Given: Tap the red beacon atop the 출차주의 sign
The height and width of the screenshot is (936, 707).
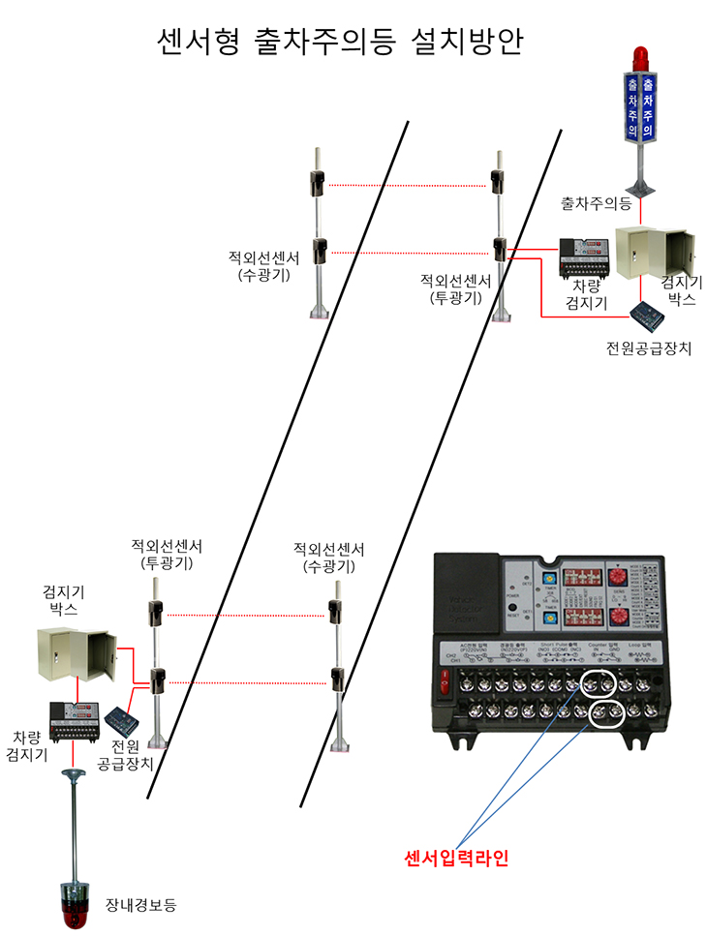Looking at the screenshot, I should [x=639, y=55].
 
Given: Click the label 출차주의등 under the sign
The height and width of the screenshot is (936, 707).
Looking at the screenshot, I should [x=596, y=204].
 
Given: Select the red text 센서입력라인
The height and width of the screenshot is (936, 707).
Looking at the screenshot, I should [x=454, y=858].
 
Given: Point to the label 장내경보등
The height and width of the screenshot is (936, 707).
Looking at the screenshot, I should [x=140, y=905].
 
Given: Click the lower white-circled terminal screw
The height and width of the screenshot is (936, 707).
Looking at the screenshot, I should [x=606, y=714].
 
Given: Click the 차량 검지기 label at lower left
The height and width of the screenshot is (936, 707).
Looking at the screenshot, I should [x=27, y=745].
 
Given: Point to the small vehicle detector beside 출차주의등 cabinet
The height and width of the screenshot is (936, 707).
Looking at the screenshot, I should [x=584, y=258].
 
